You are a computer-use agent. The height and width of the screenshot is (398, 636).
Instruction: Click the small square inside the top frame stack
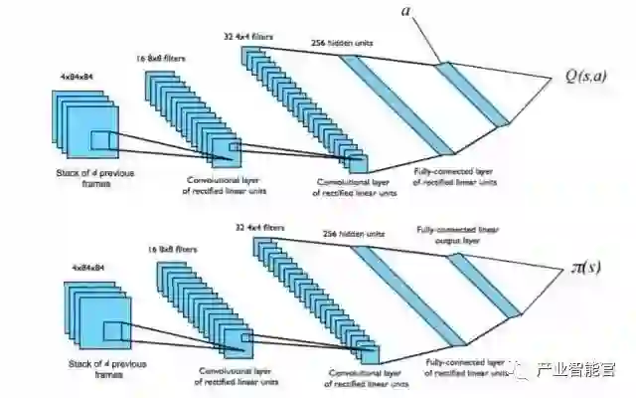[103, 143]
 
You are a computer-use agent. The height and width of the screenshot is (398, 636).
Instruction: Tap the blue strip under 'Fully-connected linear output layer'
[482, 285]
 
